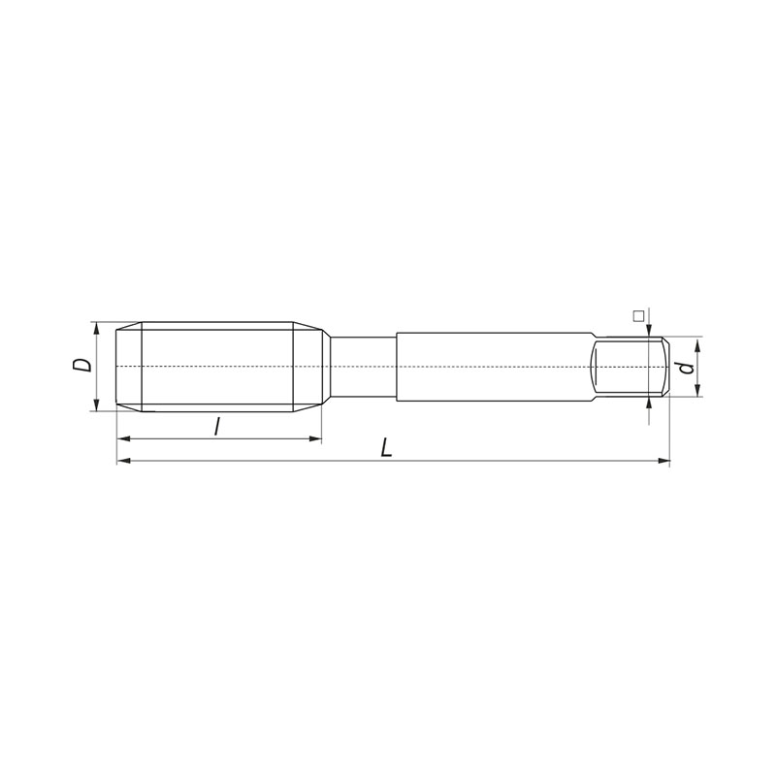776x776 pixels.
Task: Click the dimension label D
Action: pyautogui.click(x=81, y=366)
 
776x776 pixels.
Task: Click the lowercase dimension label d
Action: pyautogui.click(x=686, y=368)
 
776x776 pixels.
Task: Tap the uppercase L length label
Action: pyautogui.click(x=386, y=448)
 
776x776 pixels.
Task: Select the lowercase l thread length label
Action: pyautogui.click(x=216, y=426)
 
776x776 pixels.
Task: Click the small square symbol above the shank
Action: pyautogui.click(x=638, y=316)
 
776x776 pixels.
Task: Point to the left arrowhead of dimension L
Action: pyautogui.click(x=123, y=462)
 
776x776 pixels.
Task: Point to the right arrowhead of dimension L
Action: pyautogui.click(x=663, y=462)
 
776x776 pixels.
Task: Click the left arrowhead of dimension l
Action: pyautogui.click(x=123, y=438)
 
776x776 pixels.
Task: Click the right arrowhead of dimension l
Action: pyautogui.click(x=315, y=438)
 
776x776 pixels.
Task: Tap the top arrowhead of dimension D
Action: pyautogui.click(x=96, y=328)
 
